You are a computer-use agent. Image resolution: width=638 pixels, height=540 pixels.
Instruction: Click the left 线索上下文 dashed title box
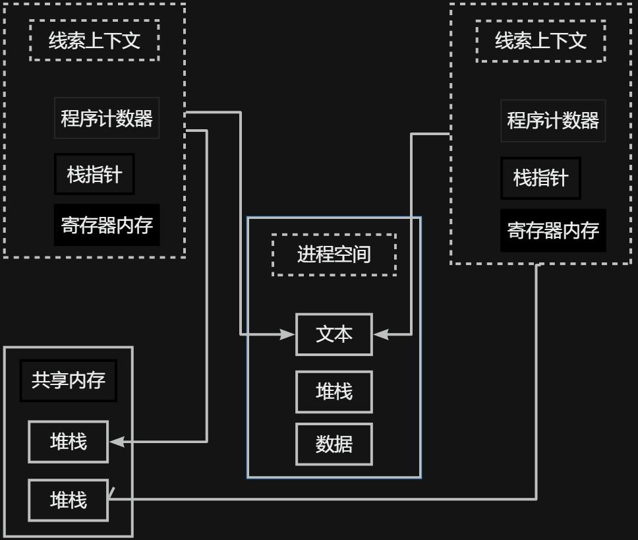pos(94,40)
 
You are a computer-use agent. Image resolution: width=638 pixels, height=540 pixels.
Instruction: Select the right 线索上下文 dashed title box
pos(540,42)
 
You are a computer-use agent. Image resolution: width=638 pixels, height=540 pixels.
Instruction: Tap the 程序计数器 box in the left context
pos(107,119)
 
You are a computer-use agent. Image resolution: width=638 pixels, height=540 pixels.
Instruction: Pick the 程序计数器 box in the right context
pos(553,121)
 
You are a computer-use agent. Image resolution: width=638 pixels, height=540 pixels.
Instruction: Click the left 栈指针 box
pos(94,175)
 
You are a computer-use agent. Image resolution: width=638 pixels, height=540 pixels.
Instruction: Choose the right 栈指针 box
pos(540,178)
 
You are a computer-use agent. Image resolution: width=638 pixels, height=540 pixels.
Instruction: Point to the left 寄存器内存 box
pos(107,225)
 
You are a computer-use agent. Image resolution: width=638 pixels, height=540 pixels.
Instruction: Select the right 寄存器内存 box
pos(553,231)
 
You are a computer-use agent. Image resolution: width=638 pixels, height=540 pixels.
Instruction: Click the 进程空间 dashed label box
pos(334,255)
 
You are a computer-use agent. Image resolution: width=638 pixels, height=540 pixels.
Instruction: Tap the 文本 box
pos(334,335)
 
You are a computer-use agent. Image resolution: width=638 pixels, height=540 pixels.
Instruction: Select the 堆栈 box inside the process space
pos(334,392)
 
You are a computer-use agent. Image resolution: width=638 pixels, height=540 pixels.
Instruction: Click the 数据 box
pos(334,444)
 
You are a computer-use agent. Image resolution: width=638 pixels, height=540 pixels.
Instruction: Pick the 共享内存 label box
pos(69,380)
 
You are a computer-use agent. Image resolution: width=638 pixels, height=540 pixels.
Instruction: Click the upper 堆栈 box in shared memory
pos(69,442)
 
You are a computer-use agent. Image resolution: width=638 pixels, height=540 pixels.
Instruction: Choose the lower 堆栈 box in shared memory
pos(69,500)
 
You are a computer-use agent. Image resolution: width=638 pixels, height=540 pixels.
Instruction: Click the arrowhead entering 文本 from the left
pos(288,335)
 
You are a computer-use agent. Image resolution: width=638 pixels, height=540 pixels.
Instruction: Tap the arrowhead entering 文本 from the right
pos(381,335)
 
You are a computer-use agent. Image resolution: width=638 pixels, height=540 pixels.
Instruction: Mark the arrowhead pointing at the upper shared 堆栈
pos(117,442)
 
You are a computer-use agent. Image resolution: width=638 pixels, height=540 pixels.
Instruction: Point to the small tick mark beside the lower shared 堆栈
pos(111,492)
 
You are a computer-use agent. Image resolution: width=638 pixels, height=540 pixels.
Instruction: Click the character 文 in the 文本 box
pos(325,335)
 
